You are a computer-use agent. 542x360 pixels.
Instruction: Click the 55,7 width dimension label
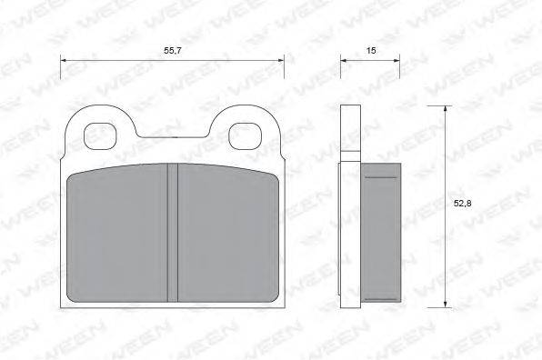173,50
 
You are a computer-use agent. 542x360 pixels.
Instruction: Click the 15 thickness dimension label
371,50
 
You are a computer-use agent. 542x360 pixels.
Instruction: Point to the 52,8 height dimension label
462,204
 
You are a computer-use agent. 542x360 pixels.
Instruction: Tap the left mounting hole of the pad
99,136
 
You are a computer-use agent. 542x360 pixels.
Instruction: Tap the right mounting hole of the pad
246,136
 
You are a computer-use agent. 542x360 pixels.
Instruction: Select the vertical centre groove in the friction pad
173,233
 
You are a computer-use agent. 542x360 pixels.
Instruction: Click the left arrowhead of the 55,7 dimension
64,61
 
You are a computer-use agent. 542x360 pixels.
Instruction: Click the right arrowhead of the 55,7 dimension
281,61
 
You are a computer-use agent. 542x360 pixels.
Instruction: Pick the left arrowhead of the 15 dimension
344,61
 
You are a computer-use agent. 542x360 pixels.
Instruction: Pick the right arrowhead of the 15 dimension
396,61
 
